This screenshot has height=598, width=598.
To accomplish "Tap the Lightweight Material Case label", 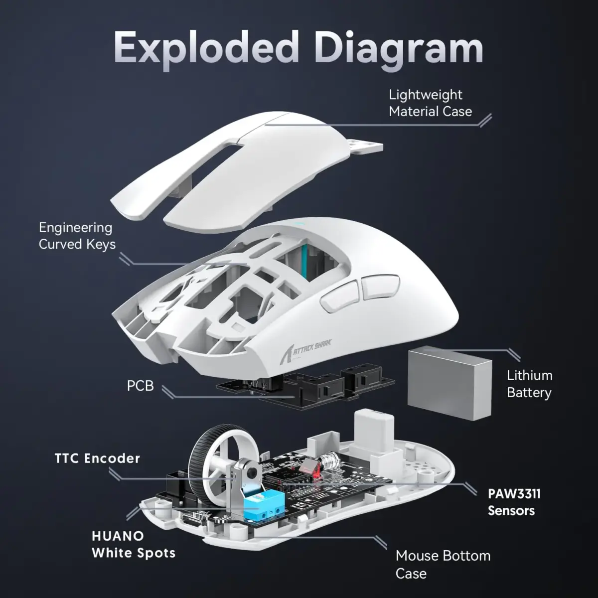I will (430, 103).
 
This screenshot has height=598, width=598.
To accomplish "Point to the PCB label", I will (140, 386).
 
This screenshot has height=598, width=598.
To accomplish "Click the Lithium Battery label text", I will (529, 384).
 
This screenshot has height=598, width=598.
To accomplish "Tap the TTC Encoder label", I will (97, 458).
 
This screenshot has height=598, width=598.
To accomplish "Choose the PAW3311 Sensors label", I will (513, 502).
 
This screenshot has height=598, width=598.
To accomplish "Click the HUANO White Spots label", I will (133, 544).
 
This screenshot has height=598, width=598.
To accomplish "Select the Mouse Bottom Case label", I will (443, 564).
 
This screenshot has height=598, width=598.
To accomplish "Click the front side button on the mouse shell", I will (339, 298).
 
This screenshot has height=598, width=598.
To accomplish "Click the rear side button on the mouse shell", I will (379, 287).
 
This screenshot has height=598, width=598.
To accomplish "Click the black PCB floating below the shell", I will (299, 386).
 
